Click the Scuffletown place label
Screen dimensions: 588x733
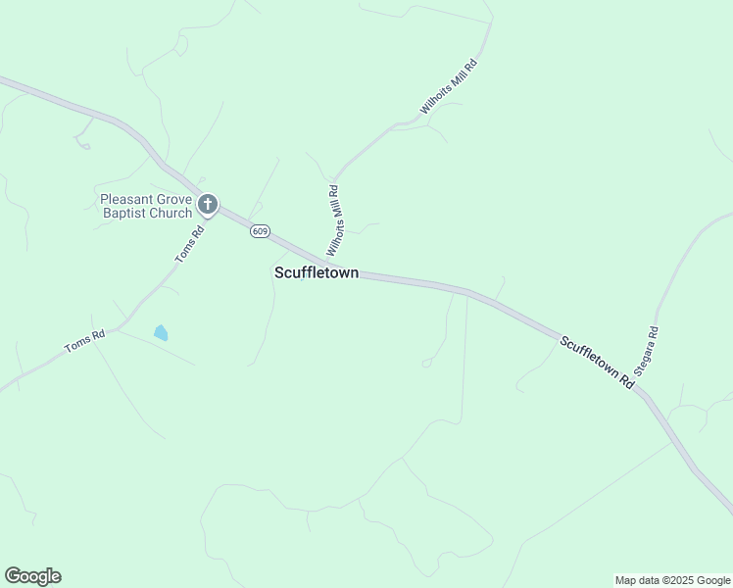tap(316, 273)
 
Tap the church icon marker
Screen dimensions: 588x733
tap(208, 205)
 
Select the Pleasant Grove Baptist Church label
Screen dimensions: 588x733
tap(147, 206)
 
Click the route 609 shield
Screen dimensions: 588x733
tap(259, 231)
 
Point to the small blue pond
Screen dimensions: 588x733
tap(160, 333)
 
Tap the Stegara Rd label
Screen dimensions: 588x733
tap(646, 351)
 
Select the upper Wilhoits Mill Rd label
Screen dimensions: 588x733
tap(449, 87)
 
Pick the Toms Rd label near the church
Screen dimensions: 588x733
tap(189, 243)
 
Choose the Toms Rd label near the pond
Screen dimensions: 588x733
tap(84, 342)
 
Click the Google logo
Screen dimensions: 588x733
tap(32, 576)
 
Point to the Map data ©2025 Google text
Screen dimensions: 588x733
tap(672, 580)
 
